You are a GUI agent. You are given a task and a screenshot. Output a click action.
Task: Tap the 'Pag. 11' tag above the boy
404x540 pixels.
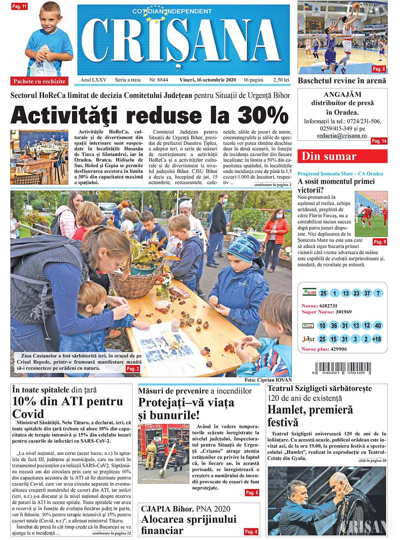19,6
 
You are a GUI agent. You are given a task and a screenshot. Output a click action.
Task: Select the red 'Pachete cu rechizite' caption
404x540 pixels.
39,81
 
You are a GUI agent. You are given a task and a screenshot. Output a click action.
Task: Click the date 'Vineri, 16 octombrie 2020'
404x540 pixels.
207,80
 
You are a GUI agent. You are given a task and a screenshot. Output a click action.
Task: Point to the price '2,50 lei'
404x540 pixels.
281,80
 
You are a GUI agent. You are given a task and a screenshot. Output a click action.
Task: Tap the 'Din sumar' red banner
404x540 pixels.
342,156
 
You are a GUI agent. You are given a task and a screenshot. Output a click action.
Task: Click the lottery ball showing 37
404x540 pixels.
367,293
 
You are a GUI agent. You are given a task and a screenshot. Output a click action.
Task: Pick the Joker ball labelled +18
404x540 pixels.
377,339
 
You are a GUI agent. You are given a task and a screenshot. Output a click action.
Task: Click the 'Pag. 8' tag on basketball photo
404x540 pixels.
379,69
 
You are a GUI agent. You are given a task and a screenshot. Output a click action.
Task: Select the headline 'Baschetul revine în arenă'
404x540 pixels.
342,81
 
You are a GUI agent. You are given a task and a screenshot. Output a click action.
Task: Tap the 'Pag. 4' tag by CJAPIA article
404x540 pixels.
251,532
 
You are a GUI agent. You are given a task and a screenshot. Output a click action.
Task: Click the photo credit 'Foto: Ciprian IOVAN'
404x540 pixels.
268,380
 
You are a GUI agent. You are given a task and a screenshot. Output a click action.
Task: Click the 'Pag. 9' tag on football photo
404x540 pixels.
379,242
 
